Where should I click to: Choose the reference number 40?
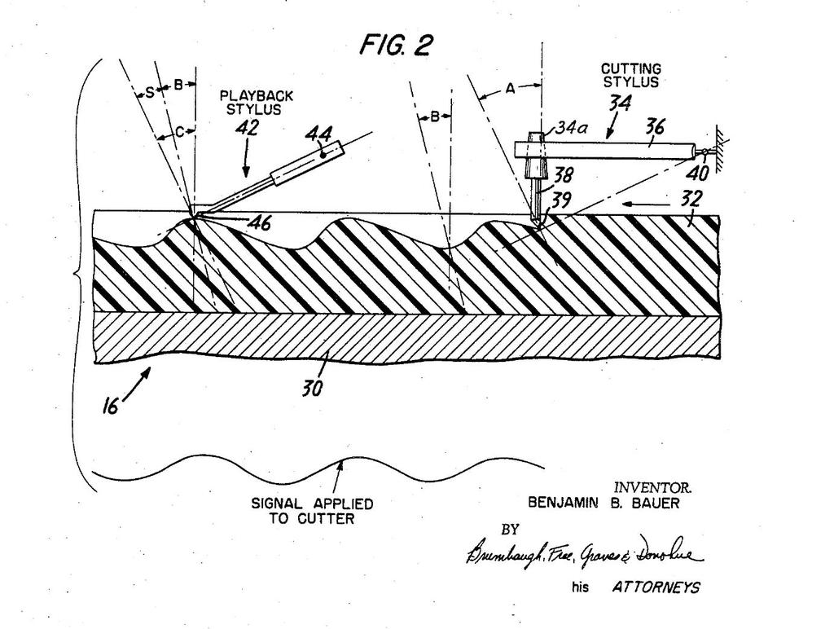pos(698,173)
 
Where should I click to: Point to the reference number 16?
pos(112,406)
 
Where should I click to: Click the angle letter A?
pos(511,90)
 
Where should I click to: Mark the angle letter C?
pos(179,130)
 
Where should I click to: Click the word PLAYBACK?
pos(256,95)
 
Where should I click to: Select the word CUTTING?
pos(630,69)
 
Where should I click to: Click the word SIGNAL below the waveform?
pos(275,504)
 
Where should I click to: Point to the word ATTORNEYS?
pos(655,587)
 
